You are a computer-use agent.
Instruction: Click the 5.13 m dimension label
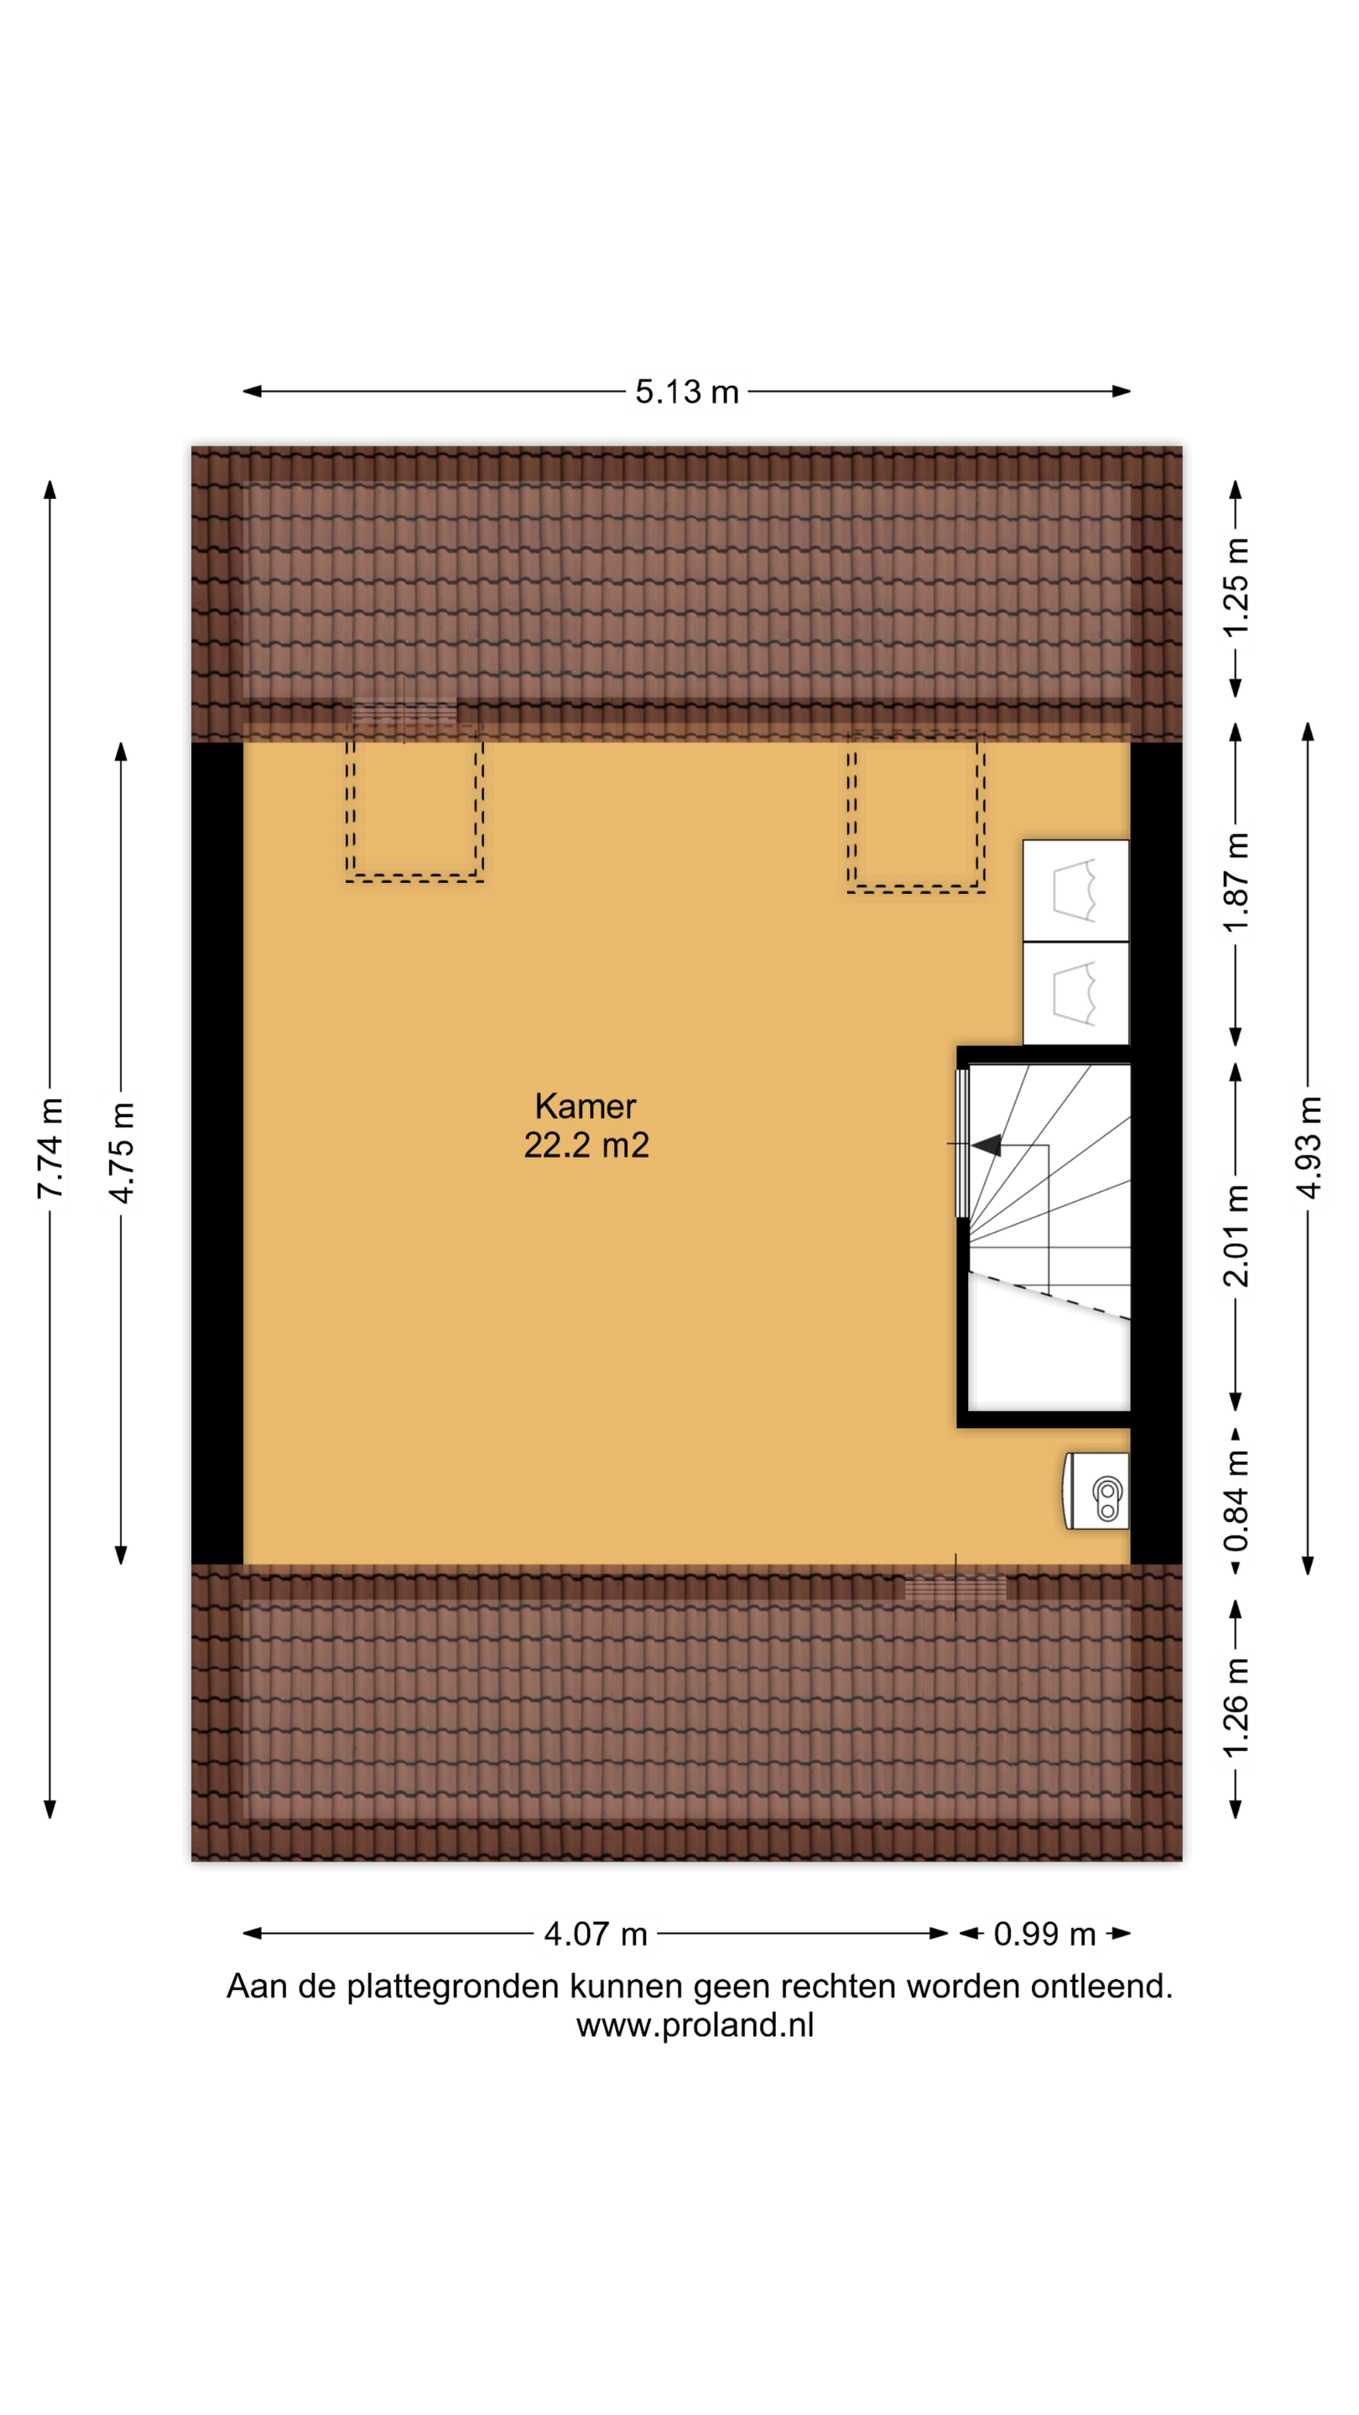coord(686,391)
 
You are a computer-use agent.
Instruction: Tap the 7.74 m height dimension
coord(49,1149)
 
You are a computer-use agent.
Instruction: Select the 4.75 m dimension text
coord(121,1153)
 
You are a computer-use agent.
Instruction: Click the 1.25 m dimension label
coord(1237,588)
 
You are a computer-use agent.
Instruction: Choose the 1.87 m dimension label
coord(1237,882)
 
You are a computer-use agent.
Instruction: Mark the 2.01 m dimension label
coord(1237,1236)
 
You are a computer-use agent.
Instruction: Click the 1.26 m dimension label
coord(1237,1707)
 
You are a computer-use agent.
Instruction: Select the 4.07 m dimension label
coord(596,1934)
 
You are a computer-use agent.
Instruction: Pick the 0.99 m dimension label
coord(1044,1934)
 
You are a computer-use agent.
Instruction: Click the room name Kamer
coord(586,1106)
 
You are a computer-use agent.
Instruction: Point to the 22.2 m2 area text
coord(586,1145)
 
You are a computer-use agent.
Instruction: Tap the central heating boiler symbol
coord(1096,1491)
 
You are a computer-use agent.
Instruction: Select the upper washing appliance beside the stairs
coord(1075,891)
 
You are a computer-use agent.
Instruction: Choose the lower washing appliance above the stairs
coord(1075,993)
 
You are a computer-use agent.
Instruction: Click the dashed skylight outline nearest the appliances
coord(915,813)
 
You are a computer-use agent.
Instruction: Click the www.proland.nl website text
coord(695,2025)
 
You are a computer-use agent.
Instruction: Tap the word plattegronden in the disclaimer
coord(453,1987)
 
